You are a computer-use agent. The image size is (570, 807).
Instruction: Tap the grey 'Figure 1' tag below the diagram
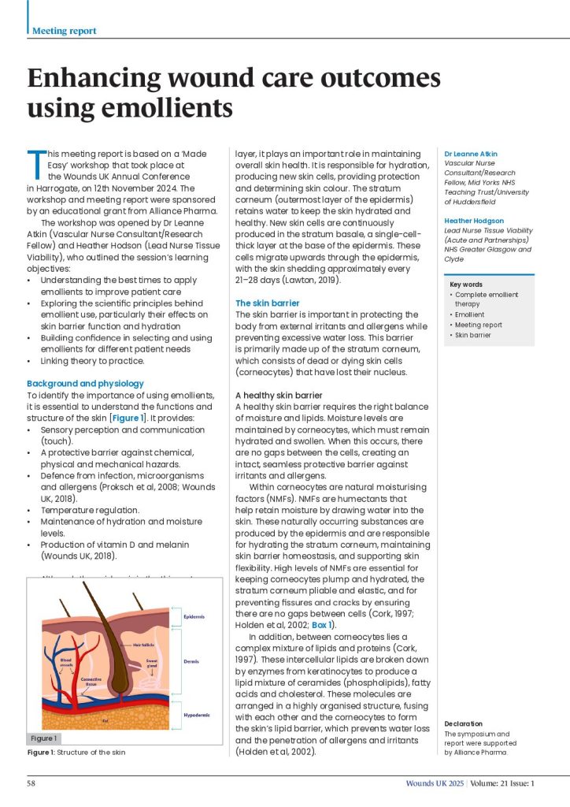(44, 738)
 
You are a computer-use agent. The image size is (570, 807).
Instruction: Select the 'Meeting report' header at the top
(65, 31)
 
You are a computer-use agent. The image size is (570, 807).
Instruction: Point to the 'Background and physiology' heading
(85, 384)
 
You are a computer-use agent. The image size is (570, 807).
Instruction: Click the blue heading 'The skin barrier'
(268, 303)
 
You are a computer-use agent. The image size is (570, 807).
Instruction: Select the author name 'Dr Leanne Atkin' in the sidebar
(471, 154)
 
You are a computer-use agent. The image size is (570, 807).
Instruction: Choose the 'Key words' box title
(466, 284)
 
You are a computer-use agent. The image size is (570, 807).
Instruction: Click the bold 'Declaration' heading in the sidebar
(463, 723)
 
